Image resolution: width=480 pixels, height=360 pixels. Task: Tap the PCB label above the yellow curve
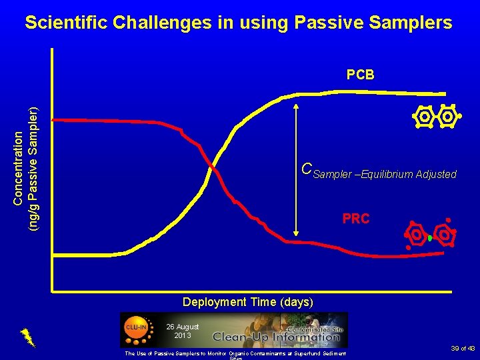click(x=360, y=75)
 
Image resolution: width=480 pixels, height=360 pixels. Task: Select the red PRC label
click(x=355, y=219)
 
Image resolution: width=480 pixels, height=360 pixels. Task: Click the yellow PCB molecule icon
click(x=436, y=117)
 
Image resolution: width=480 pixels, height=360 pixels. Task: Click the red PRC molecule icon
click(x=431, y=235)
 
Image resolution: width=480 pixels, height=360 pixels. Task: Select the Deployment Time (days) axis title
click(x=247, y=302)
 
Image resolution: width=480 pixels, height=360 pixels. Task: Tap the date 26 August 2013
click(x=182, y=331)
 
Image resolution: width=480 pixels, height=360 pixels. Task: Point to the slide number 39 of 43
click(x=462, y=348)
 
